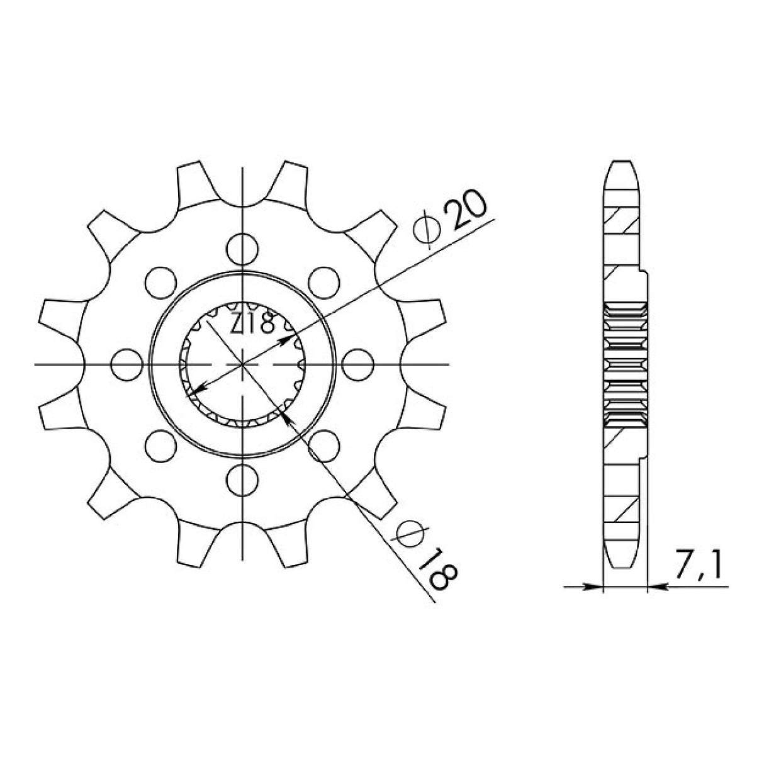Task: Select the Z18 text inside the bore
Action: (x=252, y=323)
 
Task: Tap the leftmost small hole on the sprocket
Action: (x=125, y=364)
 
